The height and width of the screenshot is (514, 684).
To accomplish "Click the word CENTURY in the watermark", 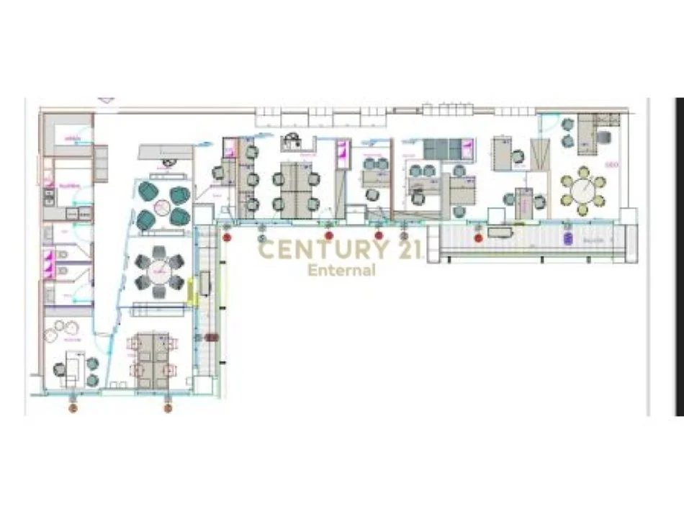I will [x=312, y=250].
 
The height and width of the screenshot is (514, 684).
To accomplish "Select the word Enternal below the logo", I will [x=341, y=271].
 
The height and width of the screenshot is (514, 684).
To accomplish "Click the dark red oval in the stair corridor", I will [x=211, y=337].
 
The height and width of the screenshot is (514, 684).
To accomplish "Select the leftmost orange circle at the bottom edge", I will [x=72, y=407].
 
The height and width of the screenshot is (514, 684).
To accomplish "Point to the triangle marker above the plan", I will [x=107, y=100].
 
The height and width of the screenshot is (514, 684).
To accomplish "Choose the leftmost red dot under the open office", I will [x=228, y=236].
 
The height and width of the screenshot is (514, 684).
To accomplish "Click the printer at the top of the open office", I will [x=292, y=140].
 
